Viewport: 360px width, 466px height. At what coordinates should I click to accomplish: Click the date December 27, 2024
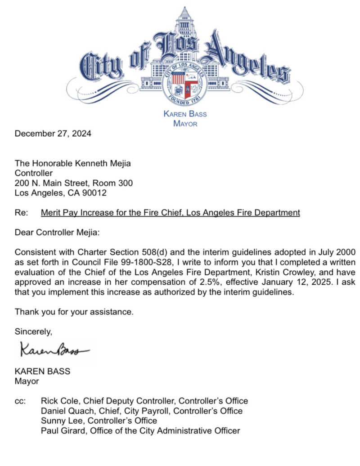[x=53, y=134]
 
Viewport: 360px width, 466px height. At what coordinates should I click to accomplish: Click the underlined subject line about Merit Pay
[x=170, y=213]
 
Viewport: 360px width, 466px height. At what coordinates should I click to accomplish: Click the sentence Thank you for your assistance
[x=74, y=311]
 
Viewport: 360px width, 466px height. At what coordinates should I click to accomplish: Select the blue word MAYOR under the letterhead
[x=185, y=124]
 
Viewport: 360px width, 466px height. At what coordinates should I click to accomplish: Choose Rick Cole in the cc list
[x=58, y=401]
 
